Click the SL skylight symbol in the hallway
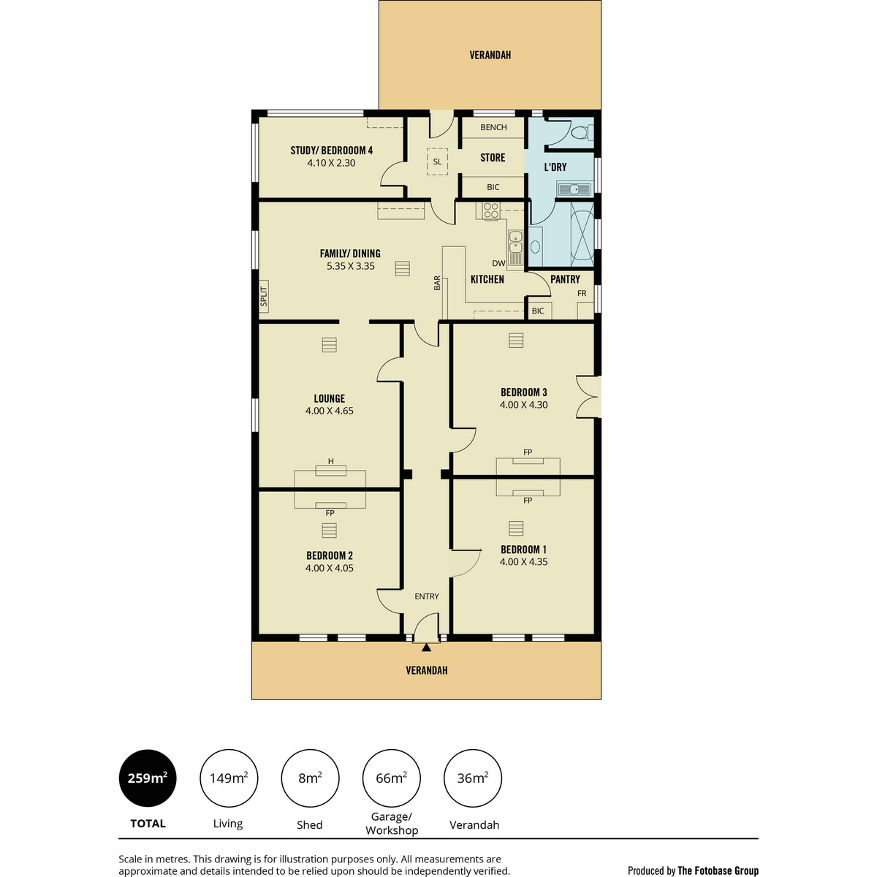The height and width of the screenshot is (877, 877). [437, 162]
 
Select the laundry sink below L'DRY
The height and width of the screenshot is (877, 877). [574, 189]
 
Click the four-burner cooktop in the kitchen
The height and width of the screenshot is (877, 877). [490, 210]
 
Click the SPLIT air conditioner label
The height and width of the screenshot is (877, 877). [264, 296]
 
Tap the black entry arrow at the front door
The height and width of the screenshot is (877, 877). [426, 648]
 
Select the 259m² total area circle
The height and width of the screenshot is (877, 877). [148, 778]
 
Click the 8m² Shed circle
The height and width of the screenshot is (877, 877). [310, 778]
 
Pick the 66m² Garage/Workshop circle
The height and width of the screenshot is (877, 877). [392, 778]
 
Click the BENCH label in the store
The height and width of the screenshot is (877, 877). [493, 127]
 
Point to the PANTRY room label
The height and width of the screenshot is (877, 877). [565, 279]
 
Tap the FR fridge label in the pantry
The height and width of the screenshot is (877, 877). [582, 294]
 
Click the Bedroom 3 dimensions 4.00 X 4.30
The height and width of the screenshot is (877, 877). [523, 405]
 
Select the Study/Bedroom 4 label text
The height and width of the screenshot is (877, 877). [331, 151]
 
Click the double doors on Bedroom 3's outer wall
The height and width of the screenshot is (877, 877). [588, 397]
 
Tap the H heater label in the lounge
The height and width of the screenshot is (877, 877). [331, 461]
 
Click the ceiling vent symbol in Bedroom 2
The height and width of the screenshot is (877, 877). [329, 530]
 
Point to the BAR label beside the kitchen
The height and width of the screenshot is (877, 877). [437, 283]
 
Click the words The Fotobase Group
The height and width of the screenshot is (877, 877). [718, 870]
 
